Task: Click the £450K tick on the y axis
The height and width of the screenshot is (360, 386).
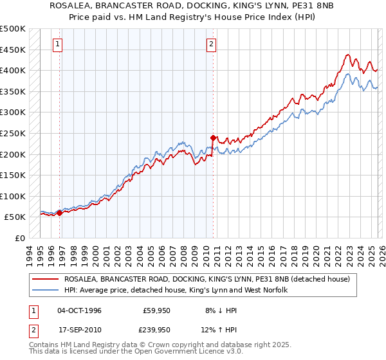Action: tap(13, 50)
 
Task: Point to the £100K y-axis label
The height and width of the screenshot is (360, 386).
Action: tap(13, 196)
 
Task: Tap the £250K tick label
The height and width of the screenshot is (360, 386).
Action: tap(13, 133)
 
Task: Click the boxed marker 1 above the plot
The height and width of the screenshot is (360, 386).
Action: tap(58, 44)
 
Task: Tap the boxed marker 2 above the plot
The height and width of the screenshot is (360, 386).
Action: tap(211, 44)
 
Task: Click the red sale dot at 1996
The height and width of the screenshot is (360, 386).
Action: tap(60, 213)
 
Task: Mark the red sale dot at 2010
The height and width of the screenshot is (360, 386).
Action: tap(213, 137)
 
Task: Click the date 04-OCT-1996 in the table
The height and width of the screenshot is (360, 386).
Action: tap(79, 310)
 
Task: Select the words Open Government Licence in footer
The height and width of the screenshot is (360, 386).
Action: tap(192, 352)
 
